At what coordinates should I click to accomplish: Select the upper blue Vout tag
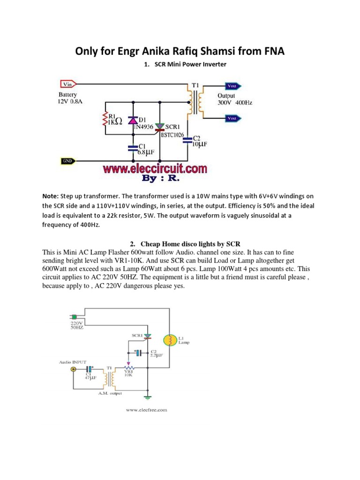click(x=232, y=86)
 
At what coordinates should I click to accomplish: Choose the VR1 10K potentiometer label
click(x=127, y=373)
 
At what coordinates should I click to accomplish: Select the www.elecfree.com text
click(x=146, y=410)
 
